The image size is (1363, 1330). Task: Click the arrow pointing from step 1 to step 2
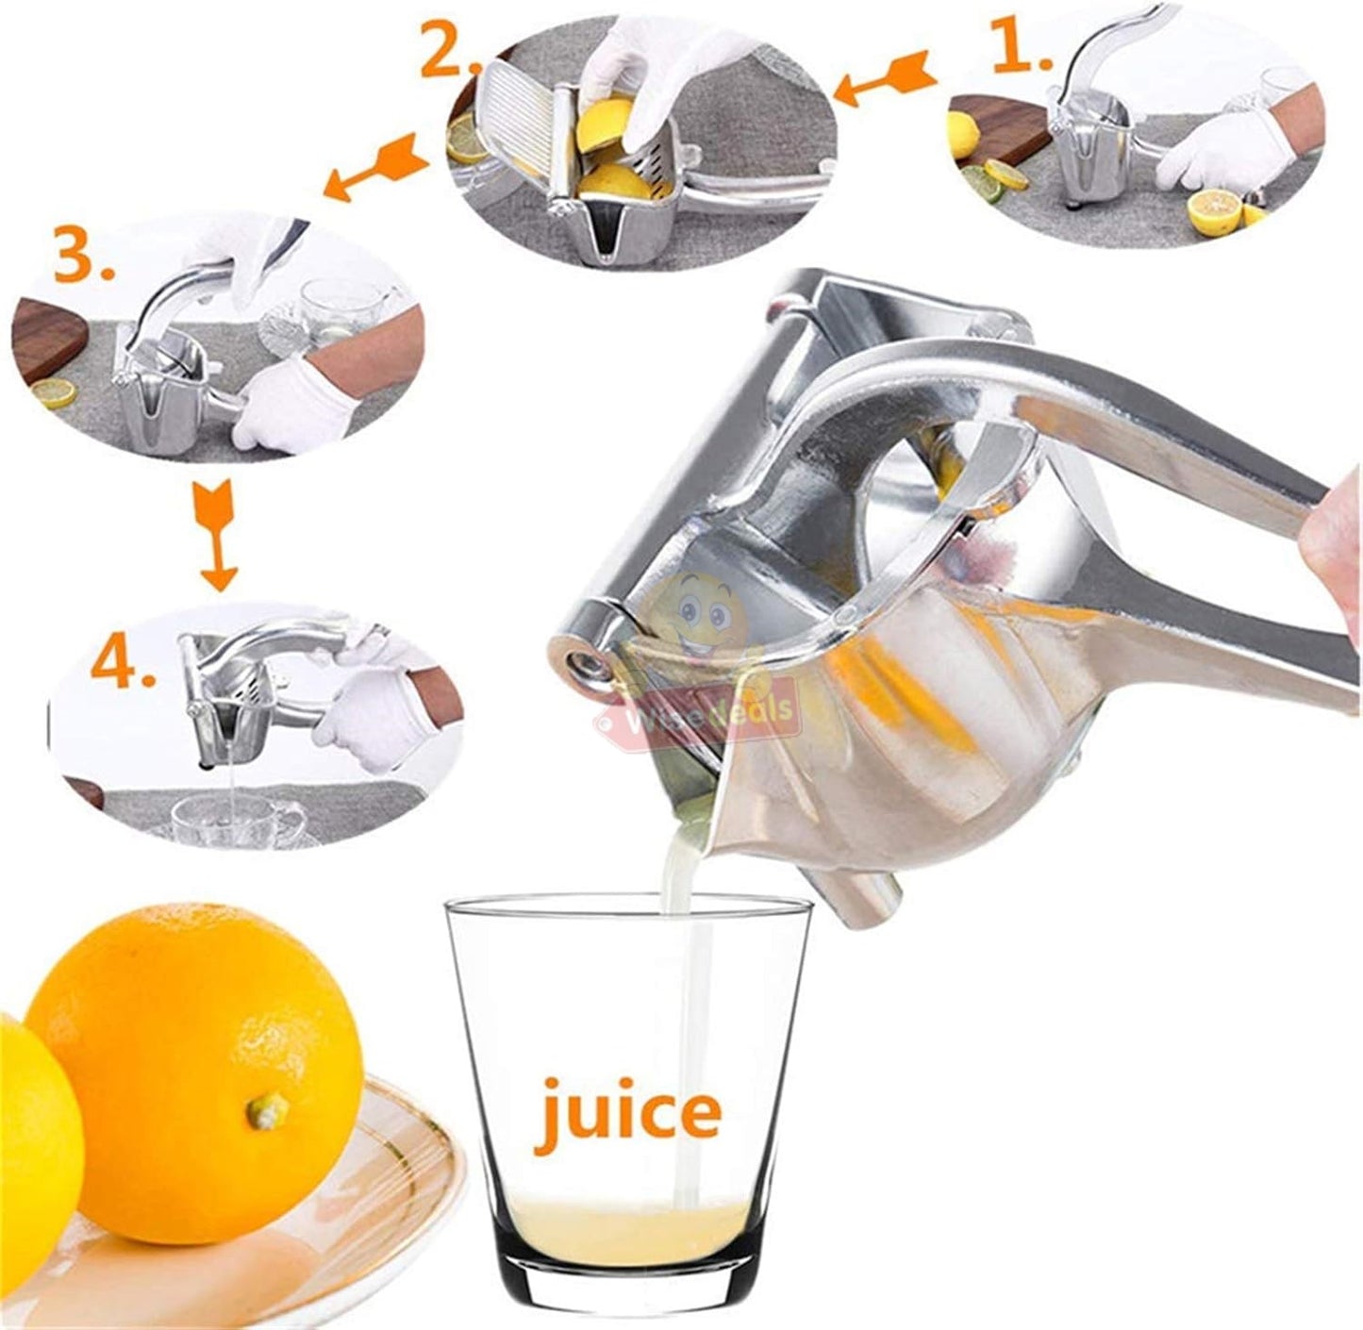click(886, 82)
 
